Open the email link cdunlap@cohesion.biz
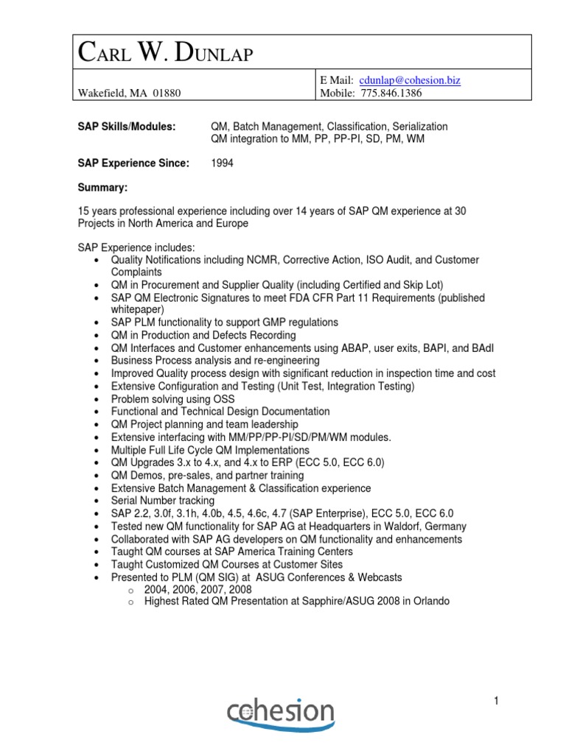pos(408,80)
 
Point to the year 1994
pos(222,163)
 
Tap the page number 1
pos(497,702)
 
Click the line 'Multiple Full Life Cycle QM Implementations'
pos(210,450)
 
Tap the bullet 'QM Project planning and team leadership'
pos(204,425)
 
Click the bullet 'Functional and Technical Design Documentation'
pos(220,412)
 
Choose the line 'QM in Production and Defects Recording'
pos(203,335)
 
